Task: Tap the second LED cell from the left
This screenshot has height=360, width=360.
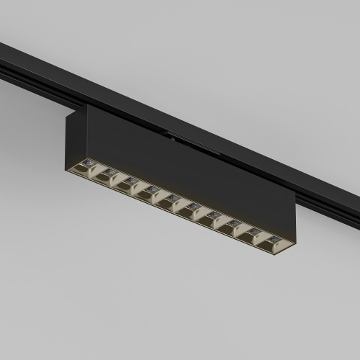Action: click(108, 174)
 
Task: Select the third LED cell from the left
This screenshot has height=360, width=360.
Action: click(130, 183)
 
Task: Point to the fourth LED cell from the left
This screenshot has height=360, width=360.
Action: click(150, 192)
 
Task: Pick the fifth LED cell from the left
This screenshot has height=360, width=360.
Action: click(172, 201)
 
